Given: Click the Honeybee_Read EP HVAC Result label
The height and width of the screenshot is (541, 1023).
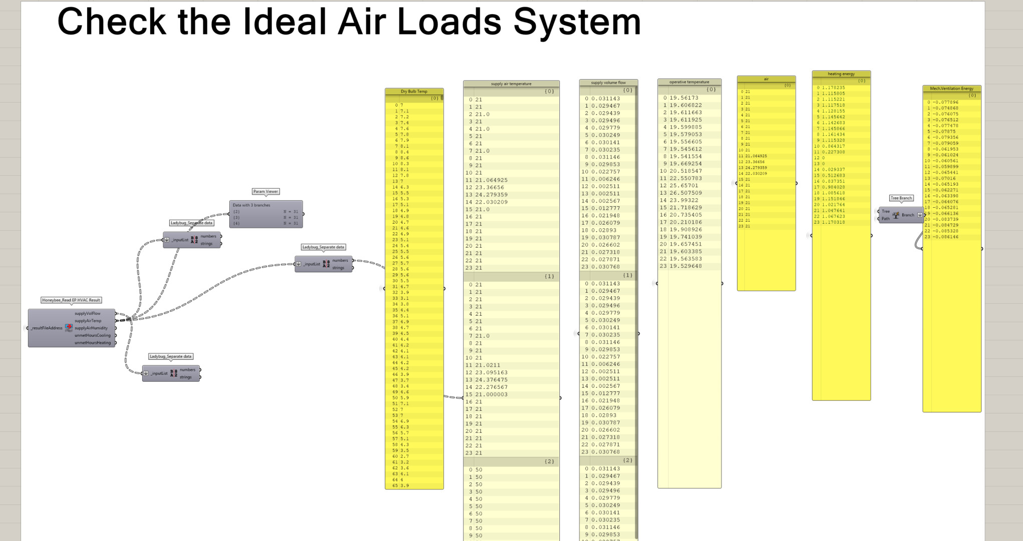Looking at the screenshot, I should (71, 300).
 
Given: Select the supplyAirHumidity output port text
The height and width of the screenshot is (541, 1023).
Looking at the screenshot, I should (91, 328).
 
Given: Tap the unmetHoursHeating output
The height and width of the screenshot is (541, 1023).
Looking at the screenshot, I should (93, 343).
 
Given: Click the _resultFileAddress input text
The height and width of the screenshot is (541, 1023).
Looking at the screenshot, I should (47, 328).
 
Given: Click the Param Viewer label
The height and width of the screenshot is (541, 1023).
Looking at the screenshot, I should (265, 192).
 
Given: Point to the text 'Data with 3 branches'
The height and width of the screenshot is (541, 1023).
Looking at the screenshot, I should (251, 205).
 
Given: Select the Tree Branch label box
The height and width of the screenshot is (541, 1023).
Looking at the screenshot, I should (901, 198).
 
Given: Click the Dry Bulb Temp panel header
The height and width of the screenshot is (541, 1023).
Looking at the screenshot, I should (414, 92).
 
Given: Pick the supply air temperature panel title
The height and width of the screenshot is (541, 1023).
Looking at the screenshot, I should (511, 84).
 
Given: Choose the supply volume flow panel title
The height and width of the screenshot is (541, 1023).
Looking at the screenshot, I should (608, 83).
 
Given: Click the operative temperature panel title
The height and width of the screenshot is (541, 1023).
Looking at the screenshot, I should (690, 82).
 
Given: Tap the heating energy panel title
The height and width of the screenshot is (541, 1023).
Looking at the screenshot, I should (841, 74).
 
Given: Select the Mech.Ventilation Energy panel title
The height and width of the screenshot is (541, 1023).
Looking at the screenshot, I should (951, 89).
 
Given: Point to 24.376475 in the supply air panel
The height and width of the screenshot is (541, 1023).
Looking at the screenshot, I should (491, 380).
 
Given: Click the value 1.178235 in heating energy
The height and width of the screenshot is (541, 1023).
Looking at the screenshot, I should (834, 88).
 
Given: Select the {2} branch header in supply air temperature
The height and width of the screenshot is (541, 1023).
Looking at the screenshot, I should (549, 461).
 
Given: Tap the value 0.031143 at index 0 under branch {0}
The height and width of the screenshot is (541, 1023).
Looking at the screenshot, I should (605, 99).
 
